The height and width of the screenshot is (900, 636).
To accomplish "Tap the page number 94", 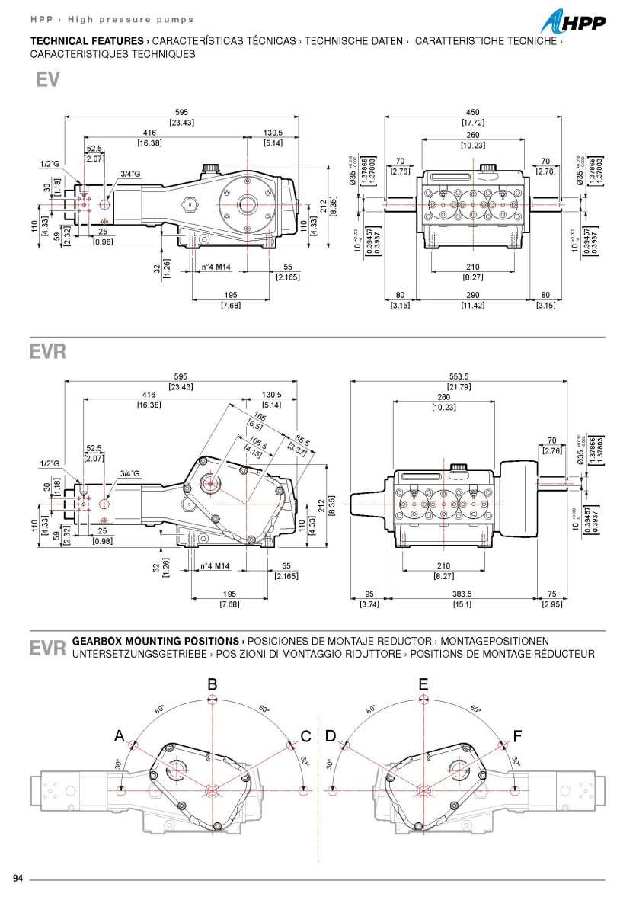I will [19, 878].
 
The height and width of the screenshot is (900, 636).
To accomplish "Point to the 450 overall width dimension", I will [472, 112].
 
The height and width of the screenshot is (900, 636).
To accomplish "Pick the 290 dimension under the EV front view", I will [472, 295].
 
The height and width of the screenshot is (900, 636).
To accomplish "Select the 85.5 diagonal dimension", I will [302, 440].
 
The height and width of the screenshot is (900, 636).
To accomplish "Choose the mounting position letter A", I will [119, 735].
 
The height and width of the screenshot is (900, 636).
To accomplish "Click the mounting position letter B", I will [213, 684].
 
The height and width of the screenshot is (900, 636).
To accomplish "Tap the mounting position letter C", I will [305, 736].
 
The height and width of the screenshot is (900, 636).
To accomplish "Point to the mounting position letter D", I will [331, 736].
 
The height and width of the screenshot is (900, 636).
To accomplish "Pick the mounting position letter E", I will [423, 684].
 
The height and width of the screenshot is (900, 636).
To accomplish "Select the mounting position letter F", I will [518, 735].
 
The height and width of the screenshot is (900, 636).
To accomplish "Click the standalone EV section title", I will [47, 81].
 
